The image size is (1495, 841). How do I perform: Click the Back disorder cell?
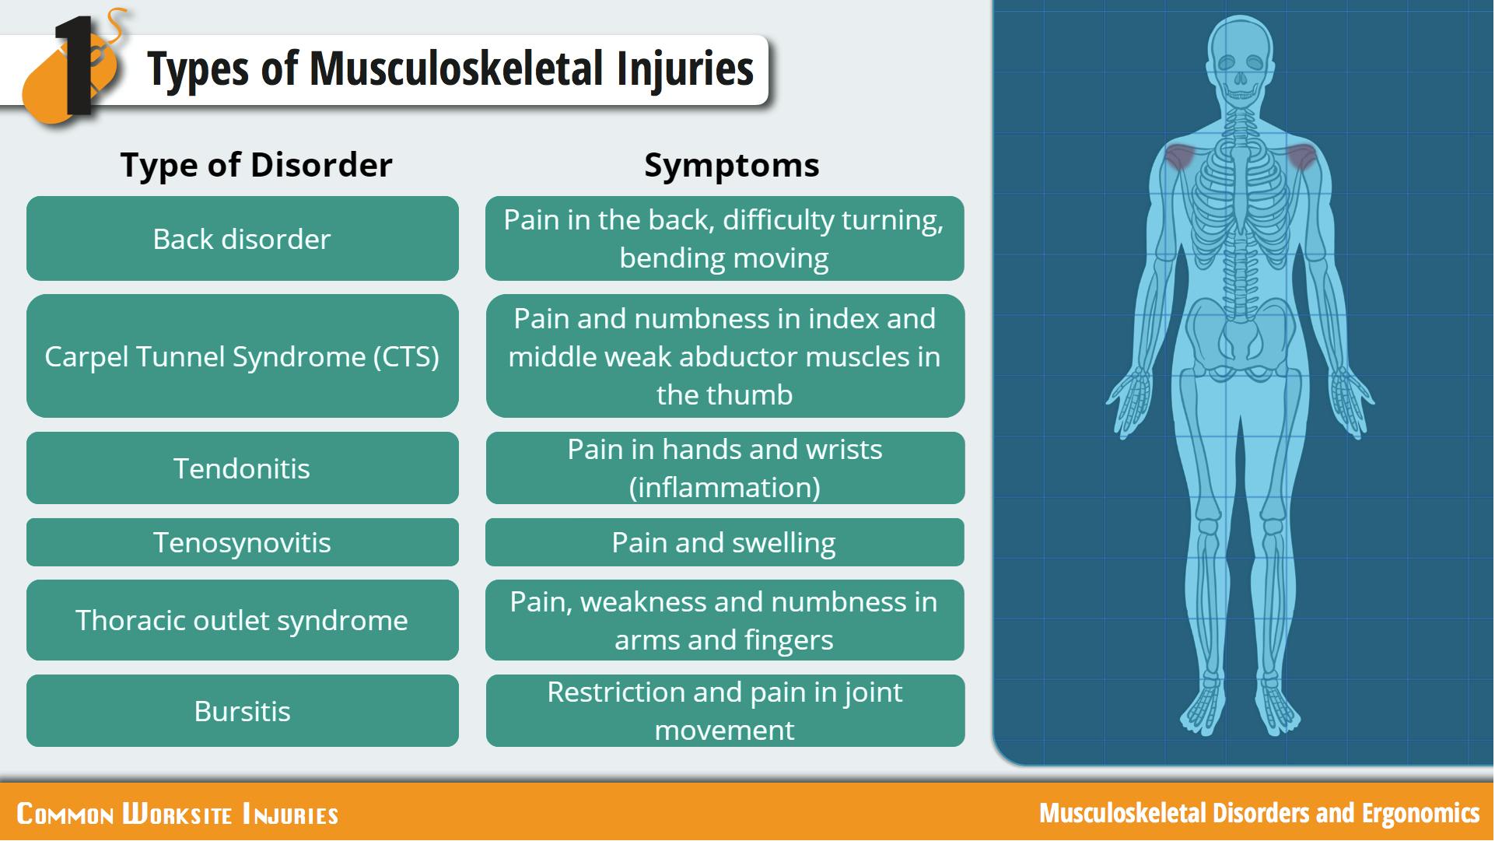[243, 238]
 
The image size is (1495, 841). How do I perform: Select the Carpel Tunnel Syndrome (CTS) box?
[243, 356]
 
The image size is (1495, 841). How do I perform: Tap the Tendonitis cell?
[243, 468]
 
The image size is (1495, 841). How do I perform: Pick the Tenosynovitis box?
[243, 542]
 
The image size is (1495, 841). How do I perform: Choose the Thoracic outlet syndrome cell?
[243, 620]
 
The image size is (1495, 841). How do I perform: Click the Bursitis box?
[243, 710]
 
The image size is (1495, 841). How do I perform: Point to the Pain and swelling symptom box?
[725, 542]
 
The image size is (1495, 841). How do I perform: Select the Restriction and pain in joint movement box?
[725, 710]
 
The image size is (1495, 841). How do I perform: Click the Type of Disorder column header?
[256, 165]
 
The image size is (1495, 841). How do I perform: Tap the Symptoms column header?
[732, 165]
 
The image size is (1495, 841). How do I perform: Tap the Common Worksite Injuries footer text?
[177, 814]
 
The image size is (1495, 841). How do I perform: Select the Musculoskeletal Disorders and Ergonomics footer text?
[1259, 813]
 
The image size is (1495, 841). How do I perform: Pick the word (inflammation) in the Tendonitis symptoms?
[725, 488]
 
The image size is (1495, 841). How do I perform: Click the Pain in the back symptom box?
[725, 238]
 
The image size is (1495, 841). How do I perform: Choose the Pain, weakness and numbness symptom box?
[725, 620]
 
